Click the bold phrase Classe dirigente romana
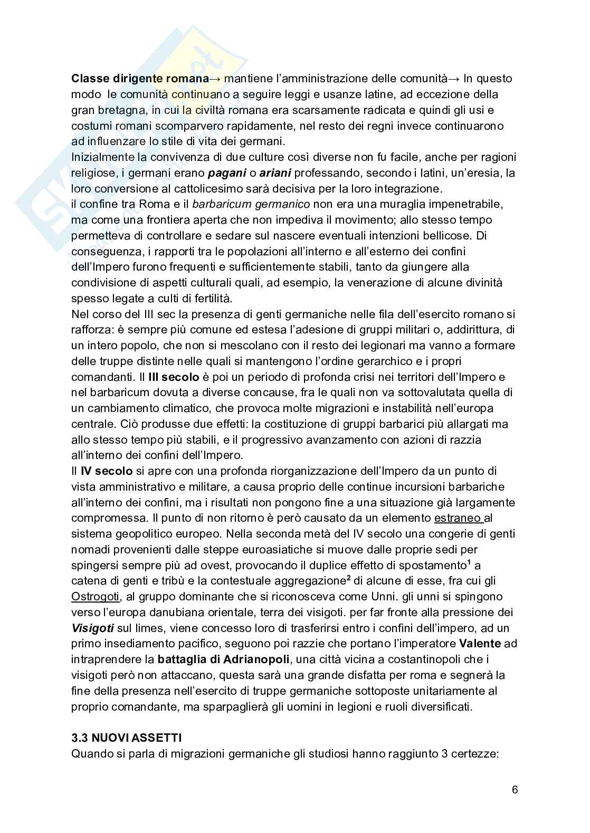(140, 79)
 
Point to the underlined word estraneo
(458, 518)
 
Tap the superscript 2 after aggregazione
(348, 578)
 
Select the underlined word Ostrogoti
(96, 597)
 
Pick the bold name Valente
(480, 644)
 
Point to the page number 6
(515, 790)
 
